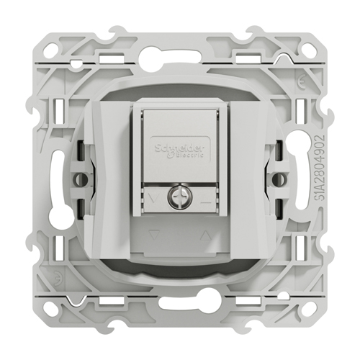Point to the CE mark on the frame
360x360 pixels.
302,82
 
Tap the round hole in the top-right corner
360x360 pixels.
307,46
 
